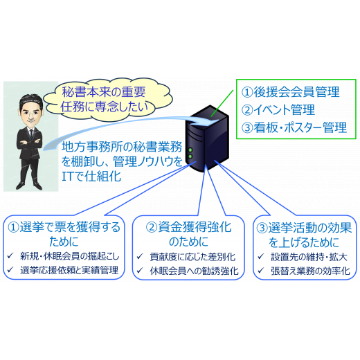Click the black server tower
pyautogui.click(x=207, y=138)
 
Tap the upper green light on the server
pyautogui.click(x=190, y=150)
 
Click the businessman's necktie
pyautogui.click(x=31, y=134)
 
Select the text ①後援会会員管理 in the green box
pyautogui.click(x=290, y=92)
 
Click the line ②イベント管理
pyautogui.click(x=278, y=109)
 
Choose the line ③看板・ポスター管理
pyautogui.click(x=294, y=127)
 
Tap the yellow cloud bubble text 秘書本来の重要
pyautogui.click(x=104, y=91)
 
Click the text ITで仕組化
pyautogui.click(x=91, y=177)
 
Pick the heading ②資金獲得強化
pyautogui.click(x=188, y=227)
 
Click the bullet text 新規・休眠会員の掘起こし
pyautogui.click(x=70, y=256)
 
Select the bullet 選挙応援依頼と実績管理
pyautogui.click(x=69, y=270)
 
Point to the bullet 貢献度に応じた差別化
pyautogui.click(x=192, y=257)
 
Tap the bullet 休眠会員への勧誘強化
pyautogui.click(x=194, y=271)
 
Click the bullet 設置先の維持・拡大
pyautogui.click(x=309, y=257)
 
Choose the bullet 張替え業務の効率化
pyautogui.click(x=310, y=271)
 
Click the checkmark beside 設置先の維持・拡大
pyautogui.click(x=260, y=256)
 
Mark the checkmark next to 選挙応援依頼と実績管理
pyautogui.click(x=10, y=269)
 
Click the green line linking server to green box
pyautogui.click(x=222, y=103)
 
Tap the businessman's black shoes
pyautogui.click(x=29, y=186)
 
